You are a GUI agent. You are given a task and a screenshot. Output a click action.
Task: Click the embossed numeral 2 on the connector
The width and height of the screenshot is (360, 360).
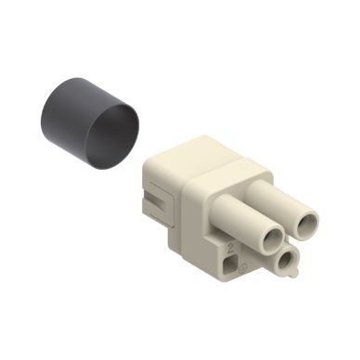pyautogui.click(x=231, y=249)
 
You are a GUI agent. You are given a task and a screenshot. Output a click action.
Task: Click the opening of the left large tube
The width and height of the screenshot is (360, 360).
pyautogui.click(x=268, y=238)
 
